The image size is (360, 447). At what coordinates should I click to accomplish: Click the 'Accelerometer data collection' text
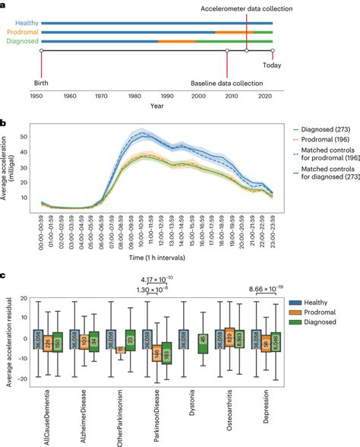pyautogui.click(x=244, y=8)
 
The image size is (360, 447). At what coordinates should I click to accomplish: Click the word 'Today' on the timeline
pyautogui.click(x=271, y=65)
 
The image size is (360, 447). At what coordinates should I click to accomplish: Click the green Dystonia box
pyautogui.click(x=181, y=344)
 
